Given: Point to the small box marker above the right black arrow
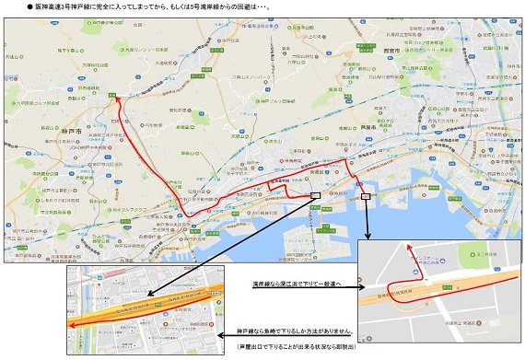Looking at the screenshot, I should [366, 195].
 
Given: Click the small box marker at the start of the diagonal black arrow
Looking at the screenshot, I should [316, 194].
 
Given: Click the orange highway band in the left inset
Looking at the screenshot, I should [147, 313].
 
